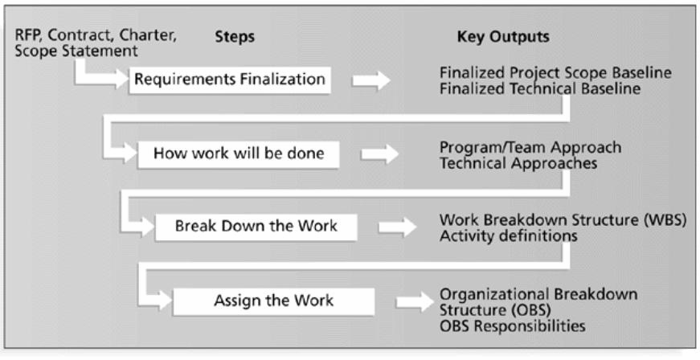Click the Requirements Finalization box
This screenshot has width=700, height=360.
(x=230, y=80)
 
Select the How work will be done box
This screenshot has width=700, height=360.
(x=239, y=154)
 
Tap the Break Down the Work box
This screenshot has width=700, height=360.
(x=256, y=227)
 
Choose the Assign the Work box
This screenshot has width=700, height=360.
(x=274, y=301)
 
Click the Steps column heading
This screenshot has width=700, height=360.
(x=235, y=37)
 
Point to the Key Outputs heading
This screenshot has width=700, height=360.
(x=503, y=37)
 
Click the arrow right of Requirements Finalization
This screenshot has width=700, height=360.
(x=371, y=80)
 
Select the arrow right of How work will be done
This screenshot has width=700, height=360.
(x=380, y=154)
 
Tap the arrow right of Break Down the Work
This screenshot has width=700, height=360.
(x=397, y=227)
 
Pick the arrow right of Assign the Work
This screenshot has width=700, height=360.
(x=415, y=301)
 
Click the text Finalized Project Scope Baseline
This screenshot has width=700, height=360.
(x=555, y=72)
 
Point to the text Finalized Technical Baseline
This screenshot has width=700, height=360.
(x=540, y=88)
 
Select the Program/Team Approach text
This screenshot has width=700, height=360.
(x=530, y=147)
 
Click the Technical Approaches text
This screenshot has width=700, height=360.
(x=518, y=163)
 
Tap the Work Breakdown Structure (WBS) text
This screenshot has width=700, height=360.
(x=563, y=220)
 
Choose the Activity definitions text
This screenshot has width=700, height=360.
(x=509, y=235)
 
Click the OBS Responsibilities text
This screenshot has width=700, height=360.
(x=513, y=325)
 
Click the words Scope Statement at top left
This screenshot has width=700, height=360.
(x=76, y=51)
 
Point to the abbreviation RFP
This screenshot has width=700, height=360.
(x=29, y=35)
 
